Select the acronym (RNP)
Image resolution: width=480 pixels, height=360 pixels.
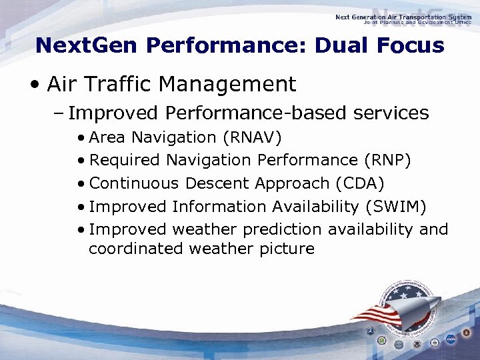coord(387,160)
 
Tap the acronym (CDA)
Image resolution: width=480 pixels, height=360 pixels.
coord(359,183)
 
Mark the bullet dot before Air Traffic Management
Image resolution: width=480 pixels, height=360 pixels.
coord(33,85)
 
